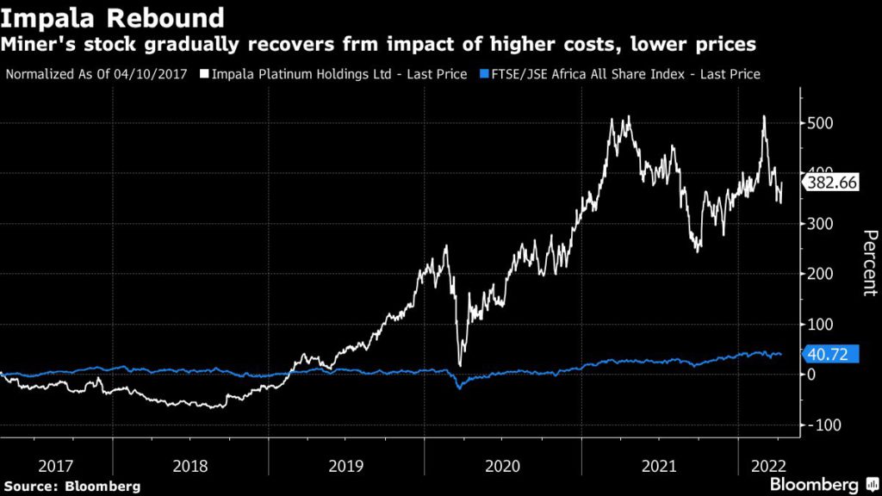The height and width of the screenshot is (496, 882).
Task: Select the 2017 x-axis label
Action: coord(56,465)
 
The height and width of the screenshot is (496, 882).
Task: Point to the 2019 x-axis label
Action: coord(346,465)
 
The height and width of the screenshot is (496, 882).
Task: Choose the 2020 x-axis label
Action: coord(503,465)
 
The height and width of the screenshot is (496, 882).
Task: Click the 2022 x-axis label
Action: coord(767,465)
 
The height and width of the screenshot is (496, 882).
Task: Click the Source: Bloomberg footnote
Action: coord(71,486)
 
